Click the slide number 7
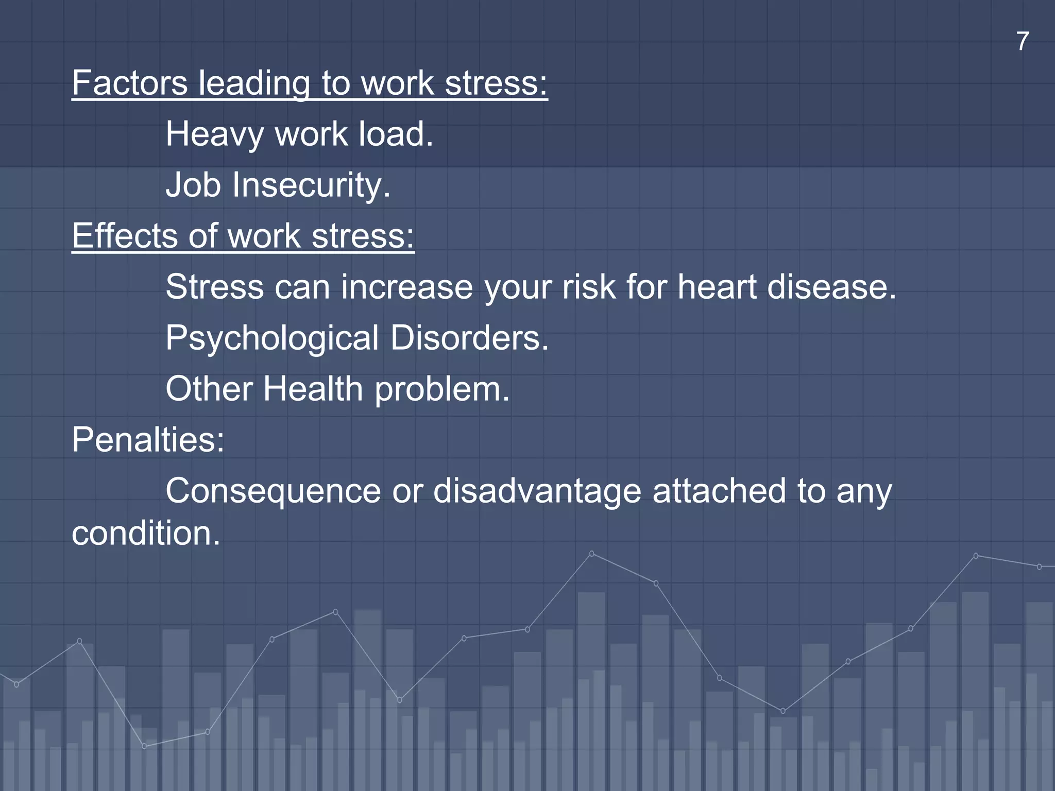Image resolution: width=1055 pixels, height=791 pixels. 1023,42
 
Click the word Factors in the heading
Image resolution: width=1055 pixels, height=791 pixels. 130,83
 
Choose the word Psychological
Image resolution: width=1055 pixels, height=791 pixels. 272,338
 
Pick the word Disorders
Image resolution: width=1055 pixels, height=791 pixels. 469,338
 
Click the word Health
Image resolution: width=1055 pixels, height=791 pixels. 313,388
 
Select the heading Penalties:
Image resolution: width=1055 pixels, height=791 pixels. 148,440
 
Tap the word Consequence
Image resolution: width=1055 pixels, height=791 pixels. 273,491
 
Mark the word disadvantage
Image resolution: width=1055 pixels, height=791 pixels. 537,491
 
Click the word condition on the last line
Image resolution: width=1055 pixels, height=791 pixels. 146,533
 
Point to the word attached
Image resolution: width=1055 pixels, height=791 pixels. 719,491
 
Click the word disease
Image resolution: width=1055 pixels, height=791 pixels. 831,287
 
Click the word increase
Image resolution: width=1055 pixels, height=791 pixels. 406,287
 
